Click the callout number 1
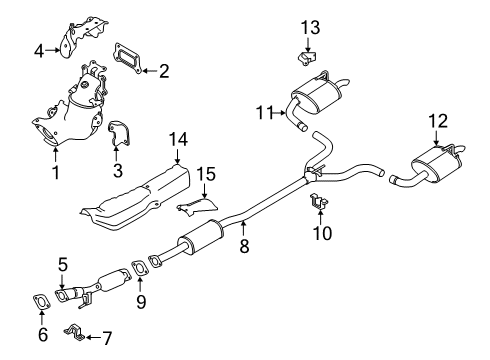(55, 173)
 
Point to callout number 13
(310, 25)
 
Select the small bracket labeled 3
(118, 136)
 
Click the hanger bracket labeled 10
(319, 204)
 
